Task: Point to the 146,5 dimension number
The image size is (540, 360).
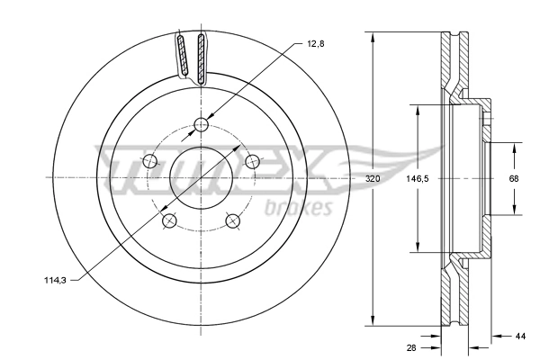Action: pos(416,179)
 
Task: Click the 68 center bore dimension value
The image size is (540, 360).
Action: pos(514,179)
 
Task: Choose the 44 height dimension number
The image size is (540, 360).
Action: pos(520,337)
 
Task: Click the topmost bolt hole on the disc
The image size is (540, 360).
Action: pos(201,125)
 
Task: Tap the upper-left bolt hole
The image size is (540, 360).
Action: pos(150,162)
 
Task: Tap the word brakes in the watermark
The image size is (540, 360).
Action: pos(300,210)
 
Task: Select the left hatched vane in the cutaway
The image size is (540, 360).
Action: pos(183,57)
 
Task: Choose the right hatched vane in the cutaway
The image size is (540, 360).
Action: pos(200,57)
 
